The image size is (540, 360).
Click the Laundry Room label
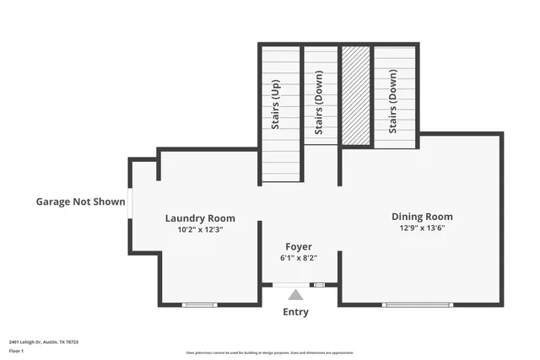200,218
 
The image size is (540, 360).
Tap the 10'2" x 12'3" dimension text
200,229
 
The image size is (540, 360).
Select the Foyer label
298,247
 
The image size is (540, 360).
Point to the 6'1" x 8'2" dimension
298,258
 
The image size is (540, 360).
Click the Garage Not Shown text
80,201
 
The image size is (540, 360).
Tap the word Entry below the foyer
295,312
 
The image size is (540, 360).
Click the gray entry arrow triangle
295,294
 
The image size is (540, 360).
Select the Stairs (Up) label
275,105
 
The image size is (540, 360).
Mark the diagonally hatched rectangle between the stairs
356,95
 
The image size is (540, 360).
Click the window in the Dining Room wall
418,304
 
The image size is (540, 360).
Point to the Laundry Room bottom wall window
200,304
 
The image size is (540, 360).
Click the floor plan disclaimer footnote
269,353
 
